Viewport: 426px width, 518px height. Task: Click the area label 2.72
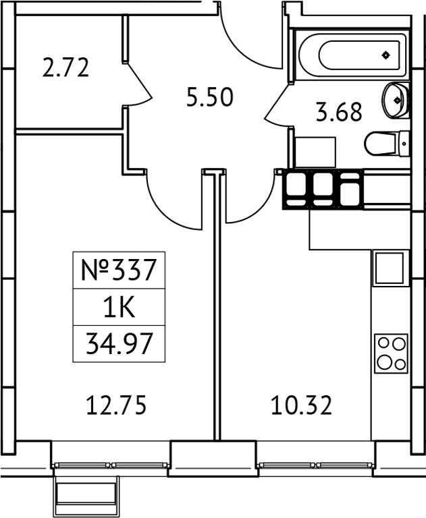[x=65, y=69]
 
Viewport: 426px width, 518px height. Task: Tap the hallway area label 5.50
[x=210, y=98]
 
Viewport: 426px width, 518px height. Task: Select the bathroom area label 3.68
[x=339, y=112]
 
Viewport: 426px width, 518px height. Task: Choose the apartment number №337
[x=119, y=271]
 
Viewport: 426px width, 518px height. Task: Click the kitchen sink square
[x=389, y=268]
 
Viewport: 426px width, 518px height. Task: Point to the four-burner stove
[x=391, y=352]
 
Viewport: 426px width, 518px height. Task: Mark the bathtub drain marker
[x=385, y=55]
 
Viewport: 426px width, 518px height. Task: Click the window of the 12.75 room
[x=111, y=465]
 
